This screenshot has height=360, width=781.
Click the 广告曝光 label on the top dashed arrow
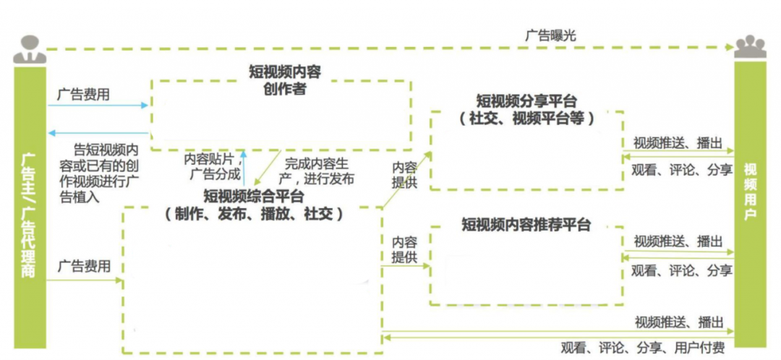click(x=551, y=34)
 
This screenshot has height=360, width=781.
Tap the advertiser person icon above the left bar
click(x=29, y=48)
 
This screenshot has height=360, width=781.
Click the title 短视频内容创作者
click(x=283, y=80)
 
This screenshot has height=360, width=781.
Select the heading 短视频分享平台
click(x=526, y=100)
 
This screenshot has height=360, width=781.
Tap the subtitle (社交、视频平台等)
click(x=526, y=118)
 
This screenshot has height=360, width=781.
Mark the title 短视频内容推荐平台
click(x=526, y=225)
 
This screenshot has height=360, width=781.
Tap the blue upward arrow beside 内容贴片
click(x=244, y=167)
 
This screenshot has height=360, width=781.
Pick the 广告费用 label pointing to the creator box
click(x=84, y=95)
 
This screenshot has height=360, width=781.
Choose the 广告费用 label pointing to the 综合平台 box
click(x=84, y=266)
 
